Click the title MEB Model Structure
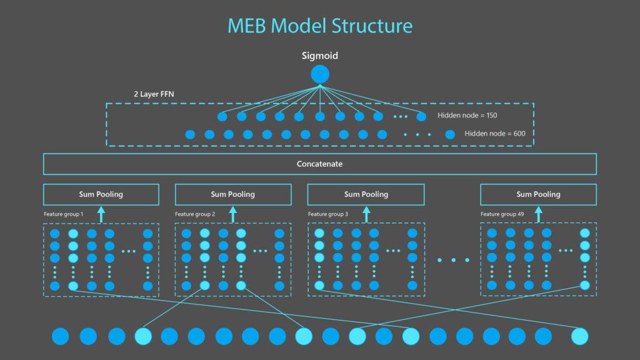pos(320,26)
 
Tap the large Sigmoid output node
pos(320,74)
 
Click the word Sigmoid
pos(320,56)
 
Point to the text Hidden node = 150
pos(467,116)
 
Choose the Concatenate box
pos(320,164)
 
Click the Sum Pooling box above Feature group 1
pos(101,194)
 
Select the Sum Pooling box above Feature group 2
pos(232,194)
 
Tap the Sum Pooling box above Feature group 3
pos(366,194)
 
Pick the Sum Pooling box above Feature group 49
pos(538,194)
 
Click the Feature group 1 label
pos(64,214)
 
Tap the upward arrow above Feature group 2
pos(233,214)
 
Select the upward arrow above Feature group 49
pos(538,214)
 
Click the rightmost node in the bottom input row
pos(580,336)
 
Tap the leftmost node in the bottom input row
pos(61,336)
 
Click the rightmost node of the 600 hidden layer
pos(450,134)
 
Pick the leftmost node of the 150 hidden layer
pos(222,116)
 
